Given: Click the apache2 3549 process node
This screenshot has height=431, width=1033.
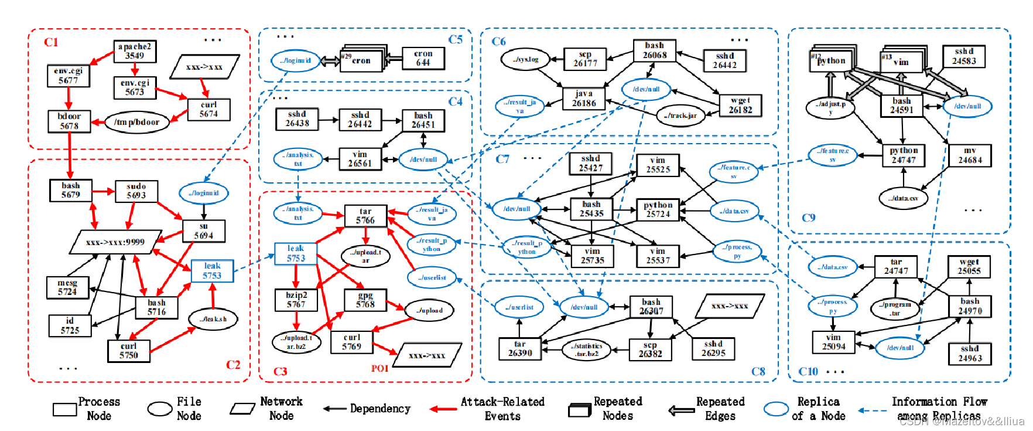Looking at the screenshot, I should pos(135,51).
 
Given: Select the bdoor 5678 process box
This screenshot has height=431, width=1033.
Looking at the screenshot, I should pos(69,121).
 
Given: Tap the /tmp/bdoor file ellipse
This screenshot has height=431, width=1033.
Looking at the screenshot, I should pos(136,123).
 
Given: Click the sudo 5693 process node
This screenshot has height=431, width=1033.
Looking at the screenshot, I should pos(136,191).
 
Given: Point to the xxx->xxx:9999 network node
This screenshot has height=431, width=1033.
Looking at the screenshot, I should pos(115,242).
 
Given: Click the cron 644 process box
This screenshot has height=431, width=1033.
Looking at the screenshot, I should pos(423,58).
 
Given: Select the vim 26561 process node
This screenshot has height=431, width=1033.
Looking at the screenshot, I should pos(360,159).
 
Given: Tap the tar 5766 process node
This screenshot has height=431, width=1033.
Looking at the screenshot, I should pos(365,216).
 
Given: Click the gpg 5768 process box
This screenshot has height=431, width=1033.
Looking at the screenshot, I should pos(365,300).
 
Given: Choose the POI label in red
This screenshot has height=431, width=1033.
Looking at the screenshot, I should pos(379,368).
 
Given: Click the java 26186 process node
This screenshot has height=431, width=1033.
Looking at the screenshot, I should pos(584,99).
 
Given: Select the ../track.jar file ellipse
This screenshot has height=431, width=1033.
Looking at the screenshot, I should pos(680,116).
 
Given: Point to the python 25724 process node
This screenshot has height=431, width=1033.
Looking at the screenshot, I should pos(658,209).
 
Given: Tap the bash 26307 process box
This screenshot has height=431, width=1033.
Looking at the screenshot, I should pos(651,307).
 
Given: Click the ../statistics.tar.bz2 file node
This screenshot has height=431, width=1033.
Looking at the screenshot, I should pos(587,350).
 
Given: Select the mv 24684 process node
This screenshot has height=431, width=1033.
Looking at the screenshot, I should pos(970,155).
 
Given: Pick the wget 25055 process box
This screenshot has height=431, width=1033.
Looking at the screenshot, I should pos(969,266).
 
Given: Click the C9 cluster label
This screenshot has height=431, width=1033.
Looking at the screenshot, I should pos(808,218).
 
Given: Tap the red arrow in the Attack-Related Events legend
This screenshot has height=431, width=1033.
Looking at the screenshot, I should pos(443,409).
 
